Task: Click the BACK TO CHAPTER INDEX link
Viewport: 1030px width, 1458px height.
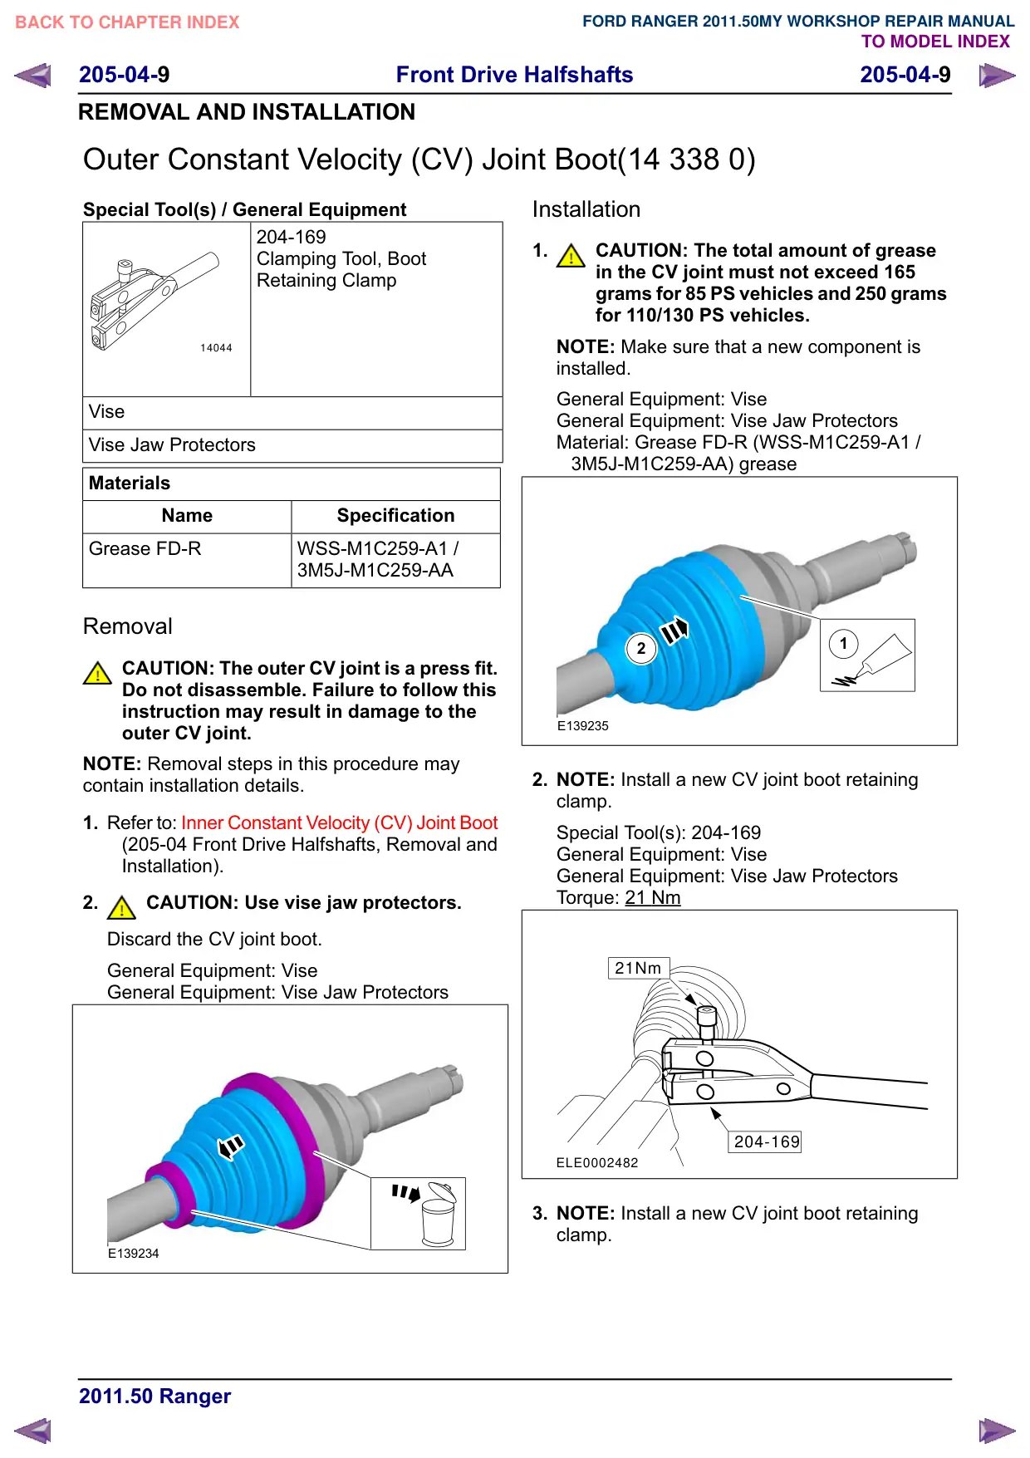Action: click(x=127, y=22)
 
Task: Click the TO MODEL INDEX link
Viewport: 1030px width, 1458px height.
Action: click(x=935, y=42)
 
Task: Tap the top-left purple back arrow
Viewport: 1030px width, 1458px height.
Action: click(x=32, y=76)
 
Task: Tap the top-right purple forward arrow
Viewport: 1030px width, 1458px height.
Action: click(x=997, y=76)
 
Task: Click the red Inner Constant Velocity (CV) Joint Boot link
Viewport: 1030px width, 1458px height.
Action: click(x=339, y=822)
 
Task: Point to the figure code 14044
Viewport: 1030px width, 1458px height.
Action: click(x=216, y=348)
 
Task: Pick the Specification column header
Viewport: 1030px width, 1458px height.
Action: click(x=395, y=516)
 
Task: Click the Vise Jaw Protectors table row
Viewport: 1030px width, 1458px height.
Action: click(x=292, y=445)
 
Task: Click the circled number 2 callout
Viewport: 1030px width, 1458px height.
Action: click(x=640, y=648)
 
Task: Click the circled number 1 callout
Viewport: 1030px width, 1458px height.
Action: click(x=844, y=643)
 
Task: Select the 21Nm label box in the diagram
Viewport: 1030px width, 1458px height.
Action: click(x=639, y=968)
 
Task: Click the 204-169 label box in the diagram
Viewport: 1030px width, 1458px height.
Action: click(x=766, y=1141)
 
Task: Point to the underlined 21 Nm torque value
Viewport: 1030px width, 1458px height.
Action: click(x=653, y=898)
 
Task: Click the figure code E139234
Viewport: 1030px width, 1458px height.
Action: click(x=133, y=1254)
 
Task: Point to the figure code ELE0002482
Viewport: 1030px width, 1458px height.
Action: click(x=597, y=1163)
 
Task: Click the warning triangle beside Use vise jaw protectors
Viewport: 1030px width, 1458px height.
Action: click(x=122, y=907)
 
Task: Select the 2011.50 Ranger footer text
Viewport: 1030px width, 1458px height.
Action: click(x=154, y=1397)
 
